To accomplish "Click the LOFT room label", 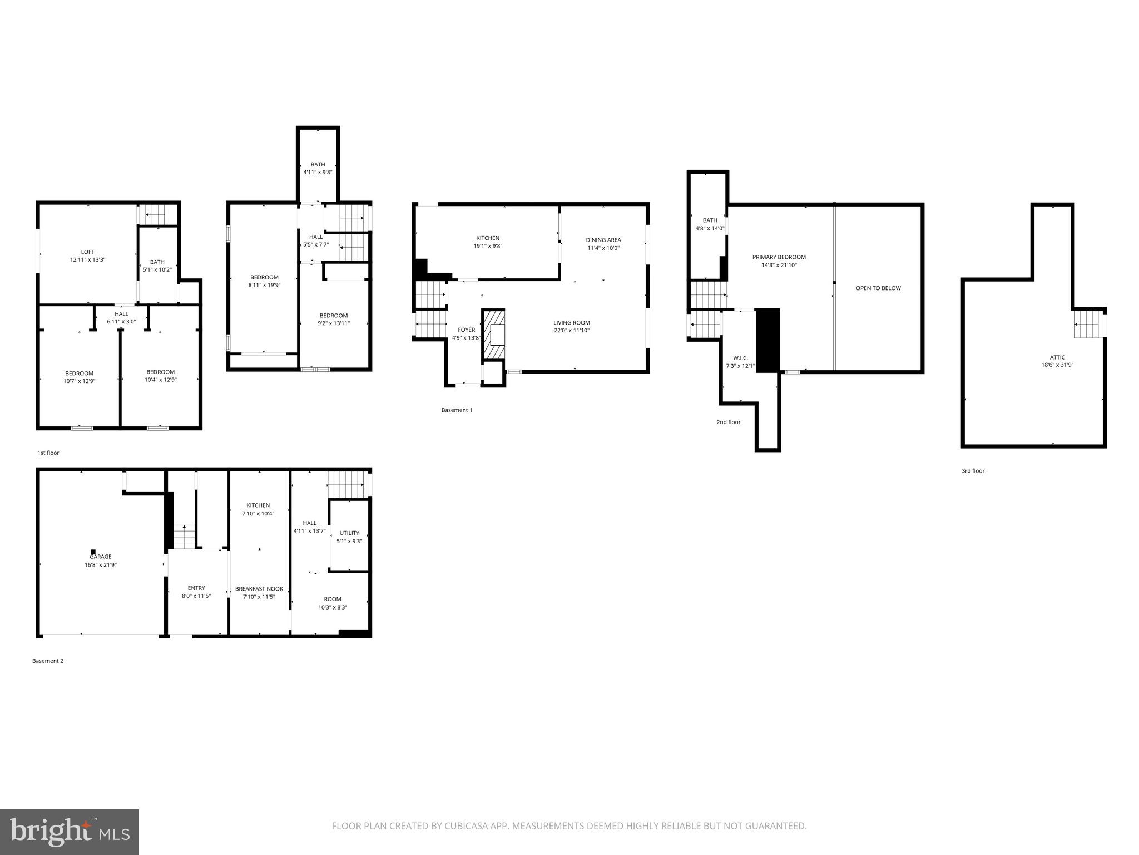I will [x=87, y=252].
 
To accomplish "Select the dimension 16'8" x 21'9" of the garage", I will [x=101, y=564].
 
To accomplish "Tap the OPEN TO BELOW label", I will [x=878, y=288].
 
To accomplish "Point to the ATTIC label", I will [x=1057, y=357].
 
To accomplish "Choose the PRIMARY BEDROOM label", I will [x=779, y=257].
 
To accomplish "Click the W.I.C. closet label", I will [x=740, y=358].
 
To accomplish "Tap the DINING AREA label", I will [x=603, y=240].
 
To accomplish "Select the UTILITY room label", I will [x=349, y=533].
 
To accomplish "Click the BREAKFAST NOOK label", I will [x=259, y=588].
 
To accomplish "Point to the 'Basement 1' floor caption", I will [x=457, y=410].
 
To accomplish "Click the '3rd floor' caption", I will [x=973, y=471].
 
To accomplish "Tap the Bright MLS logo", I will [x=70, y=832].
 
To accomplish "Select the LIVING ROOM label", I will [x=571, y=322].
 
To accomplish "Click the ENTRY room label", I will [x=196, y=588].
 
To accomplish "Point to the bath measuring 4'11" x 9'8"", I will [x=318, y=168].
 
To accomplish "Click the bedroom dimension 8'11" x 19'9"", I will [x=264, y=285].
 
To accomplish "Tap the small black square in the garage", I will [x=93, y=552].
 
